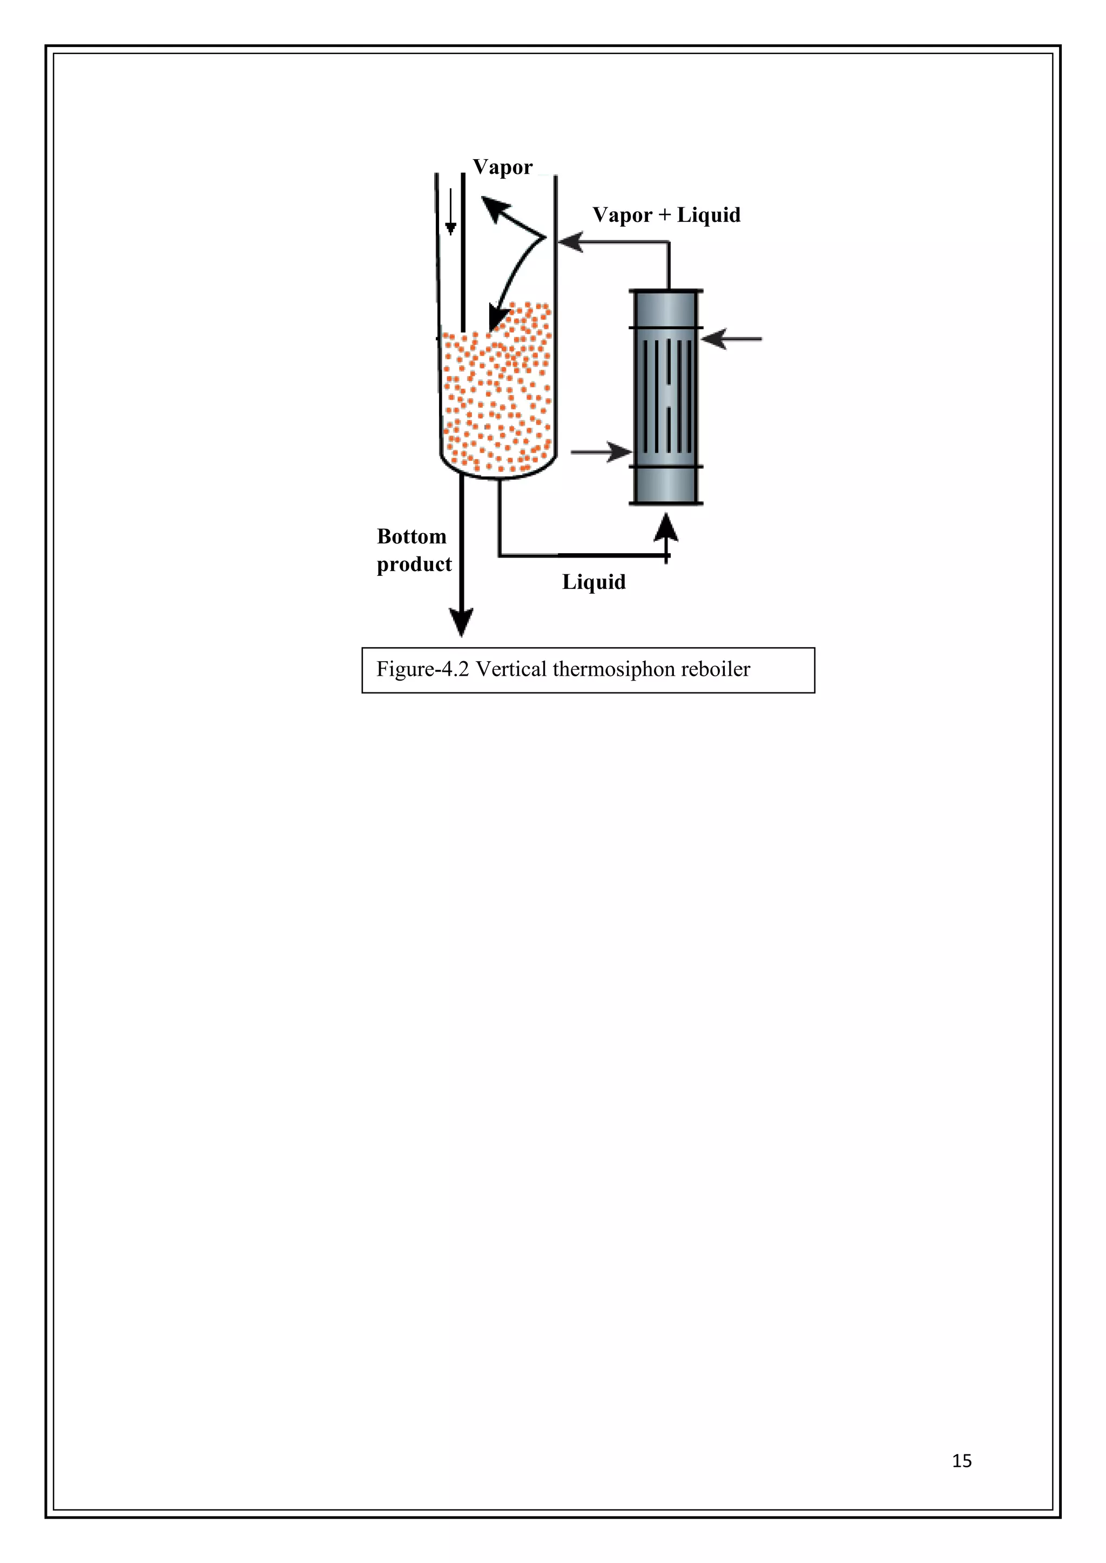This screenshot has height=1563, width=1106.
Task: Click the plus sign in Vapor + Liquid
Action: pyautogui.click(x=664, y=215)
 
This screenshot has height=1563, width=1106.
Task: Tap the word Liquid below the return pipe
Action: pyautogui.click(x=593, y=582)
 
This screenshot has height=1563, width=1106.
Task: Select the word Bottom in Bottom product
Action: pyautogui.click(x=412, y=536)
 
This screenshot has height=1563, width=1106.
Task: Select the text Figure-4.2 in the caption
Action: pyautogui.click(x=422, y=669)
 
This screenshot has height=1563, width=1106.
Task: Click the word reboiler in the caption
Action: pyautogui.click(x=715, y=669)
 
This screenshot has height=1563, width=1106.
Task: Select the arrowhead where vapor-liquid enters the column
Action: pyautogui.click(x=570, y=241)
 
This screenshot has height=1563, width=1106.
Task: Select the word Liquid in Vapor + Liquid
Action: pyautogui.click(x=709, y=215)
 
